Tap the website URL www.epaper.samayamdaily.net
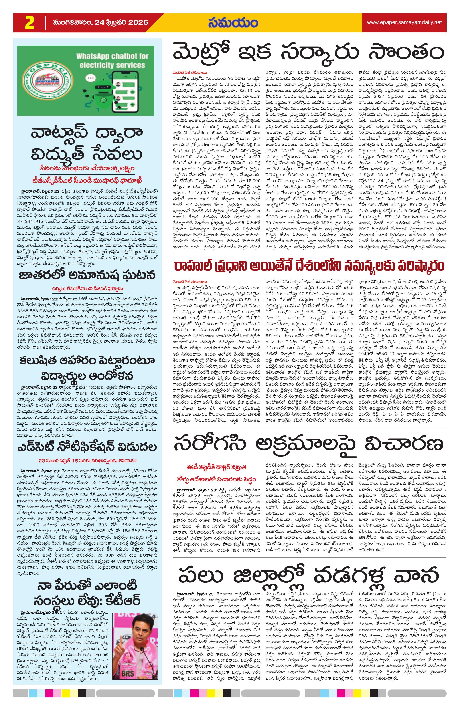404,22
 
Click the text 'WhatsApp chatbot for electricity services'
111,60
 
